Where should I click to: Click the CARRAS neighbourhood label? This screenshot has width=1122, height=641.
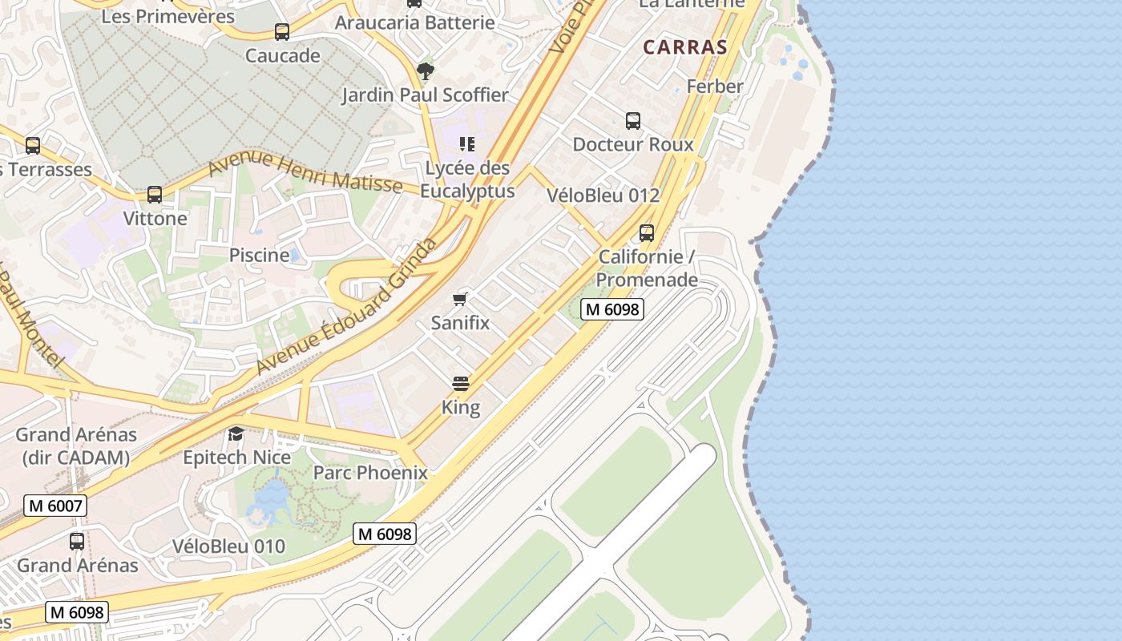tap(685, 46)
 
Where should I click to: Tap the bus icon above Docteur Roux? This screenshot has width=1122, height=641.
tap(633, 121)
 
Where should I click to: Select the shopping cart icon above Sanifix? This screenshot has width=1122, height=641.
tap(460, 300)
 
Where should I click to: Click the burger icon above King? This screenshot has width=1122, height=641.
tap(460, 384)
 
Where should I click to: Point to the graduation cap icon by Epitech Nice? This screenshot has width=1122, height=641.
tap(236, 434)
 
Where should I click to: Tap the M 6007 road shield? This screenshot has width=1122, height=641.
tap(54, 506)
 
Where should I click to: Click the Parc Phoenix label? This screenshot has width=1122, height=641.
tap(370, 473)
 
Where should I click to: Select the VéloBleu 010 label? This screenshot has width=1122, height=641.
tap(228, 546)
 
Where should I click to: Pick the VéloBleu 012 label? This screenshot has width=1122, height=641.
tap(603, 195)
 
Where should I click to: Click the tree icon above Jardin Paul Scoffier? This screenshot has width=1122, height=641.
tap(426, 71)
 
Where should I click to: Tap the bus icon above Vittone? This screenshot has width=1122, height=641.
tap(155, 195)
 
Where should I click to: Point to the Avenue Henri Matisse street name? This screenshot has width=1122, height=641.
tap(305, 173)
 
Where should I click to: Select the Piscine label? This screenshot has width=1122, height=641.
tap(259, 255)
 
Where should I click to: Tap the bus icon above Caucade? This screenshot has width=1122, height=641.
tap(282, 32)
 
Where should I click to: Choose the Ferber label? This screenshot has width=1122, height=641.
tap(715, 86)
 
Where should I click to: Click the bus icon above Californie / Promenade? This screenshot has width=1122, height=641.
tap(647, 233)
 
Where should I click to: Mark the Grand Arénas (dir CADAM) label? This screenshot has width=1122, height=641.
tap(76, 446)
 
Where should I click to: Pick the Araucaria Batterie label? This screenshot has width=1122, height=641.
tap(414, 22)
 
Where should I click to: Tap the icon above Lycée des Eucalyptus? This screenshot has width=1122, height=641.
tap(467, 144)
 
